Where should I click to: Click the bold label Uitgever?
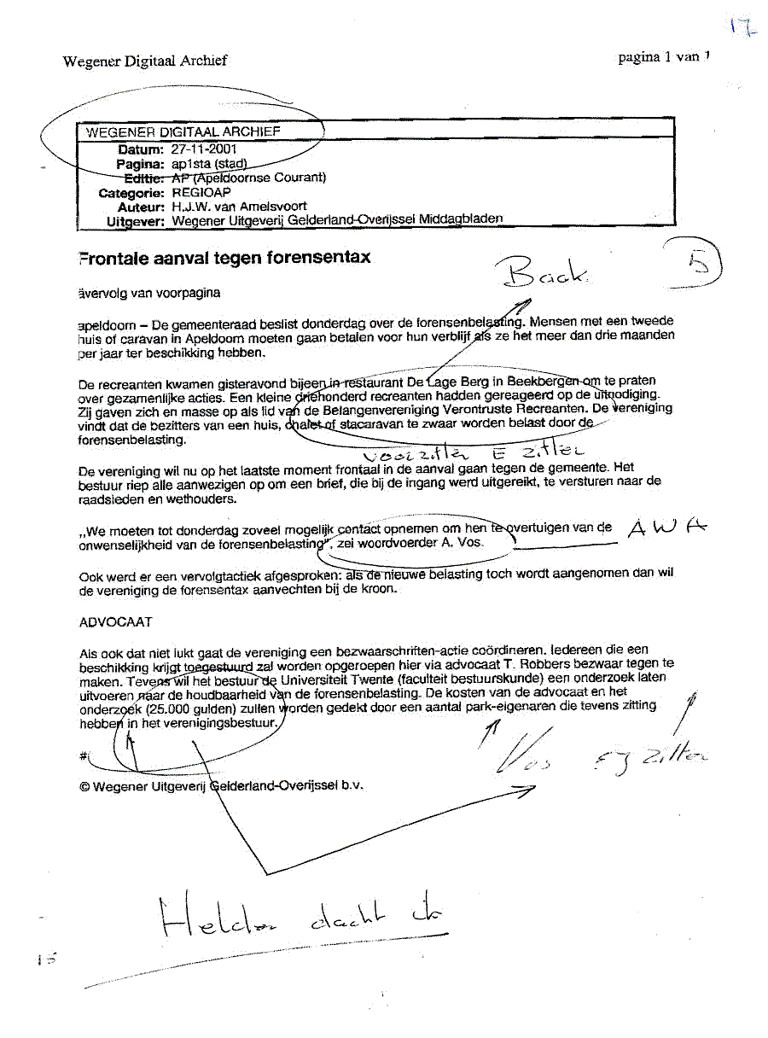point(135,221)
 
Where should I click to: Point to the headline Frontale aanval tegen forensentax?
point(224,257)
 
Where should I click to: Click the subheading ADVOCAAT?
point(115,622)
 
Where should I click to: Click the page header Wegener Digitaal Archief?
point(145,61)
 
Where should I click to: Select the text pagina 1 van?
point(659,58)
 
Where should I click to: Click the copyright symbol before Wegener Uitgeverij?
point(84,787)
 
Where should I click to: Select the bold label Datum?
point(140,149)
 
